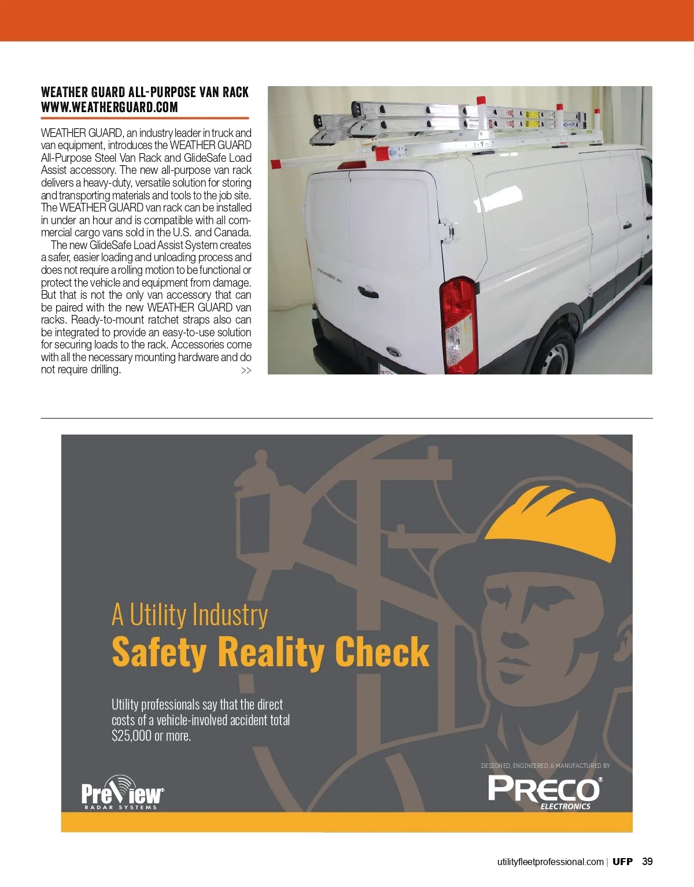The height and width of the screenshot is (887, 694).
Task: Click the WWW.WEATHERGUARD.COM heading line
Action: pos(109,107)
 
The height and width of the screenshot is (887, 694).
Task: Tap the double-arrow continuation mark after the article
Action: pos(246,370)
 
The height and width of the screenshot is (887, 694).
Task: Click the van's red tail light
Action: pos(460,324)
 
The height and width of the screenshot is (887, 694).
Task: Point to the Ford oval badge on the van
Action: pos(393,351)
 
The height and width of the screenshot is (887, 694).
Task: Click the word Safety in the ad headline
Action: pos(159,652)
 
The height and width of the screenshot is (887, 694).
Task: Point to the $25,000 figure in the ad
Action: pos(131,736)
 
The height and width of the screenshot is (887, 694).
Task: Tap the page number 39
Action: pos(647,861)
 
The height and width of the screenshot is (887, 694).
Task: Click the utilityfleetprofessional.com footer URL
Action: pos(550,862)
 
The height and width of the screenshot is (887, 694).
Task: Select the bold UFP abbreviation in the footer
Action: pos(622,862)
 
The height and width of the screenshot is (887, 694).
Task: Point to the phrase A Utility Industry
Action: pos(190,614)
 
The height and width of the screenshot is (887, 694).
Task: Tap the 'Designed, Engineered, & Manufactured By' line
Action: pos(545,766)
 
